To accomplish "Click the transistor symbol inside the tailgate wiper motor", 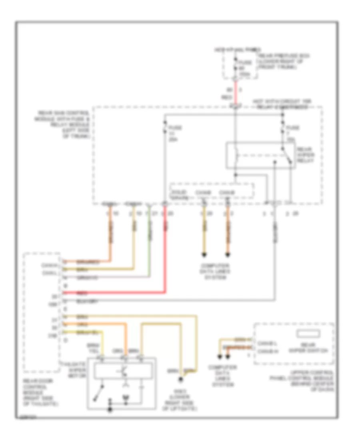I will point(122,371).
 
